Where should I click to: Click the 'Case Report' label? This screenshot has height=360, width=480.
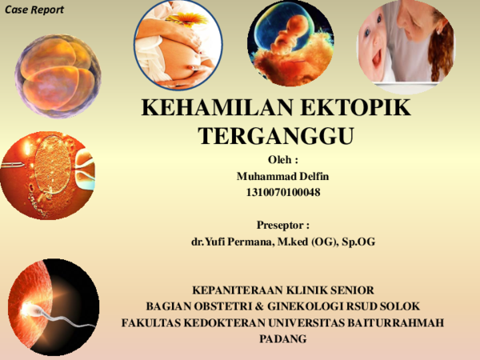pos(34,10)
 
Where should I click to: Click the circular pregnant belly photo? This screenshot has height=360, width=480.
pos(178,46)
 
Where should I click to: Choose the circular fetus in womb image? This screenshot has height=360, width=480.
pos(290,44)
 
